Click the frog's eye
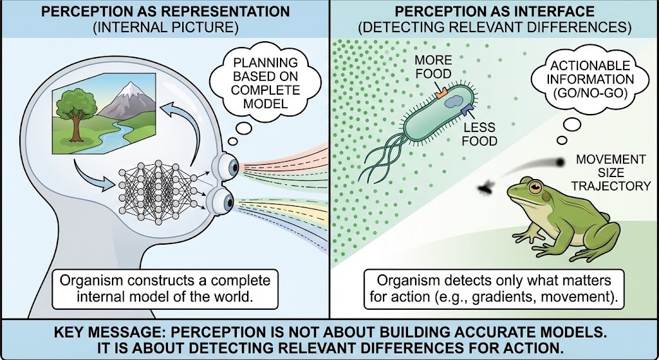534,187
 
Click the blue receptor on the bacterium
465,114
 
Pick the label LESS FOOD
480,133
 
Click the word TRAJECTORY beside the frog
613,186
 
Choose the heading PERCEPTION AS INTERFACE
494,12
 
